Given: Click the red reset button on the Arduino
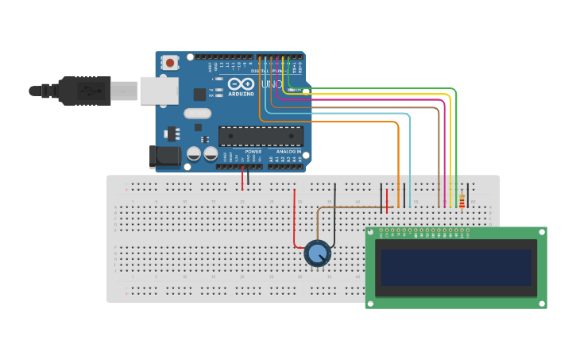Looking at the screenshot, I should [169, 62].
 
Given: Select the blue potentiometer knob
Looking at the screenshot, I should [317, 254].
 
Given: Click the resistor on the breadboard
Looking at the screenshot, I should [462, 202].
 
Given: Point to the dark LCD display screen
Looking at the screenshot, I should [455, 268].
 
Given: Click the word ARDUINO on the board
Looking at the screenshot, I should [241, 94].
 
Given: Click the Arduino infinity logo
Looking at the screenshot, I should [240, 83].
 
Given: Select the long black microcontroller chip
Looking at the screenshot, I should [260, 136].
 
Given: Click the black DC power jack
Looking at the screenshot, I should [164, 156].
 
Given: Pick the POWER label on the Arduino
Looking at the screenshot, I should [253, 151].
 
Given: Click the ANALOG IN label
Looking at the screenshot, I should [288, 151].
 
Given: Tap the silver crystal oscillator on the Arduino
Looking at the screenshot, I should [197, 114].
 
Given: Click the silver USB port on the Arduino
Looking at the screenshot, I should [159, 91].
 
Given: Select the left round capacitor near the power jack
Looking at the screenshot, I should [194, 153].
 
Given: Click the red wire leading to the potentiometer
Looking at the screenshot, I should [295, 215].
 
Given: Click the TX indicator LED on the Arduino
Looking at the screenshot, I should [215, 89].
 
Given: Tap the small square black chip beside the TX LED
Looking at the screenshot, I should [199, 94].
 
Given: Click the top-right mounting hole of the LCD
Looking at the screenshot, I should [540, 234].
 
